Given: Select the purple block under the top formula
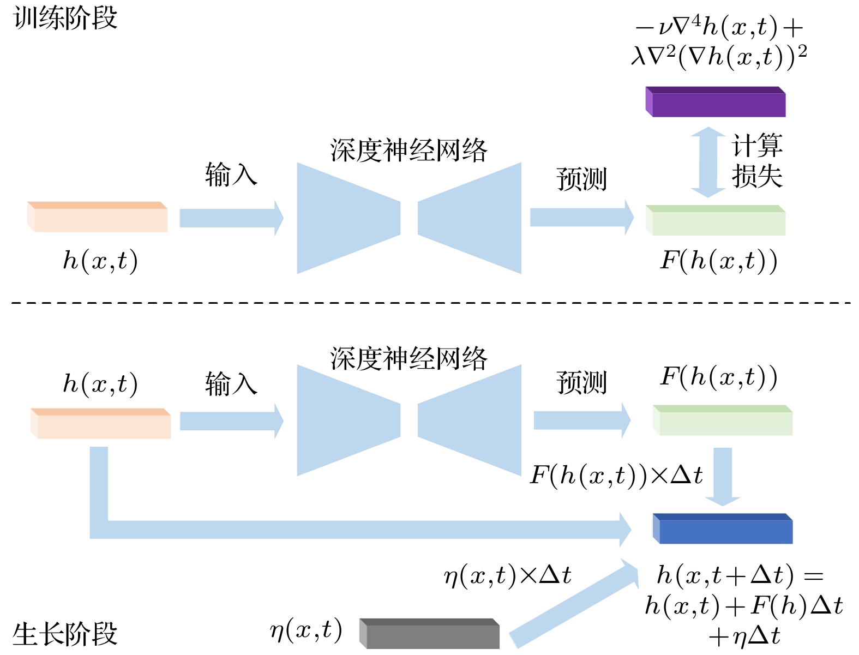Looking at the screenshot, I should point(716,103).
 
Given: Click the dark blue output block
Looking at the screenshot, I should point(723,529).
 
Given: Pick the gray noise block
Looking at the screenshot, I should point(430,634).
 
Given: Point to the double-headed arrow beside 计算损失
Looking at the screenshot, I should point(708,162).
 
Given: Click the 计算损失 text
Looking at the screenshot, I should point(757,161).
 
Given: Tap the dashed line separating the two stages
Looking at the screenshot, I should point(431,302).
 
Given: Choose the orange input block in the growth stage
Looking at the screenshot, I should point(101,424).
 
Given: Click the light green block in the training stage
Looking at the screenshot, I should point(716,221).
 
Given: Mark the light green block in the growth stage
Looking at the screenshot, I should point(723,420).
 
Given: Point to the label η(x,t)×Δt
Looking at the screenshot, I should point(507,575).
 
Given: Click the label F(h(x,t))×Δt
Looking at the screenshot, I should point(616,475).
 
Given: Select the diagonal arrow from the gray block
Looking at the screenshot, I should point(573,603).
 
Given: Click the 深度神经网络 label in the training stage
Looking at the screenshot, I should point(409,150).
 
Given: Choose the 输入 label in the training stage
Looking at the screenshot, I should point(231,175).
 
